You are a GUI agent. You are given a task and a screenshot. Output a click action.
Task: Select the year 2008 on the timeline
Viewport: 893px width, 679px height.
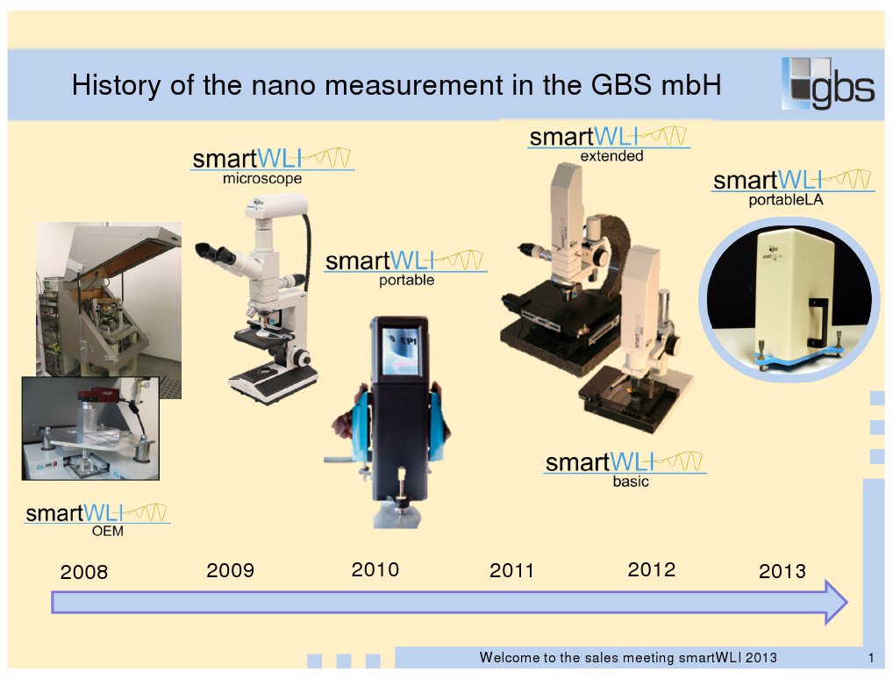tap(83, 572)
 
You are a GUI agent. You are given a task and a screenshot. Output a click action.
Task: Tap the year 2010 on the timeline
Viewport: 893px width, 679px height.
tap(375, 569)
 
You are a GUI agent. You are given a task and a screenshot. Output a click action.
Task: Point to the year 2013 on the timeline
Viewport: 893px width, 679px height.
tap(782, 571)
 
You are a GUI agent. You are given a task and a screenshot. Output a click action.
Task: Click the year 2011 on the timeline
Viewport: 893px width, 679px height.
tap(511, 570)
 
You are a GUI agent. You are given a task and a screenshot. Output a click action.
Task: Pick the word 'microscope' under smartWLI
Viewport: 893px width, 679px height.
tap(262, 179)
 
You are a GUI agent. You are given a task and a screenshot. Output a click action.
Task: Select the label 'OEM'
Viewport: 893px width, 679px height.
tap(108, 531)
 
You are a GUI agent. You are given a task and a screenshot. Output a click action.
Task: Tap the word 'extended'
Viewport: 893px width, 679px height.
tap(611, 156)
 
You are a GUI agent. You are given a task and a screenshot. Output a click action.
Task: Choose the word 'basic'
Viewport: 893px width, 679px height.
tap(631, 482)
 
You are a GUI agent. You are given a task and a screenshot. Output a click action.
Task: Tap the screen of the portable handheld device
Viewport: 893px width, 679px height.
tap(402, 351)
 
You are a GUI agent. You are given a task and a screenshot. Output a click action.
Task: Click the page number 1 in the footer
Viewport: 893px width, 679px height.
tap(871, 659)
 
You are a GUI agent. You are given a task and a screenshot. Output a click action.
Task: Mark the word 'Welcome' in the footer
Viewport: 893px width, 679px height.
tap(508, 657)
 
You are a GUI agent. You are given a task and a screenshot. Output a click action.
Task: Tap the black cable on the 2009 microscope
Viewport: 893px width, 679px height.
tap(309, 245)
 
